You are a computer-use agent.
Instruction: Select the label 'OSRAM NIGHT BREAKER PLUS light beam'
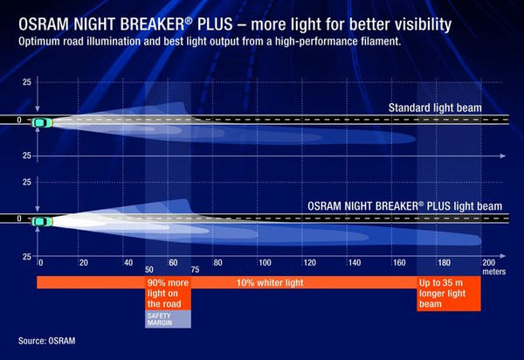coord(404,206)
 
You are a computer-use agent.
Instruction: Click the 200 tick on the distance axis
coord(489,262)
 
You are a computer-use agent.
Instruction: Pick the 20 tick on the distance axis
coord(84,262)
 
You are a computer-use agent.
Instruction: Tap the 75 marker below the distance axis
coord(194,271)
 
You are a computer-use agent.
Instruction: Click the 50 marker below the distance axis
coord(149,271)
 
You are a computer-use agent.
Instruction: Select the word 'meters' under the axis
coord(493,271)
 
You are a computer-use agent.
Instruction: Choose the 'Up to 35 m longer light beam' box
coord(448,294)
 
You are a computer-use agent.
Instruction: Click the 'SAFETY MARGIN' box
coord(167,318)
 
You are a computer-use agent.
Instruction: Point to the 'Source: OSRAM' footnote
coord(48,341)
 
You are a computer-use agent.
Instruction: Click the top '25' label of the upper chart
coord(26,82)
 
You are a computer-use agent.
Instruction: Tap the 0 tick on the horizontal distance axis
coord(40,262)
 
